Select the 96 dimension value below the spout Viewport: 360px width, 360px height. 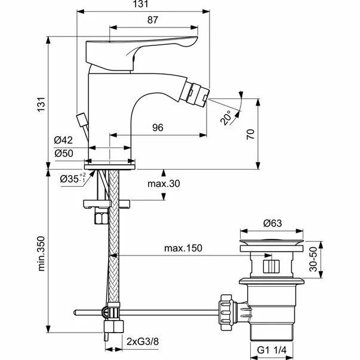tap(158, 127)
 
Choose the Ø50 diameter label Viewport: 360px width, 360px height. tap(63, 153)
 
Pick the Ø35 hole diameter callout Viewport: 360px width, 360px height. tap(73, 178)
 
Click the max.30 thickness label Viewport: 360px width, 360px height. tap(164, 184)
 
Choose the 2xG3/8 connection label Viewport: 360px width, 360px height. tap(143, 342)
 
